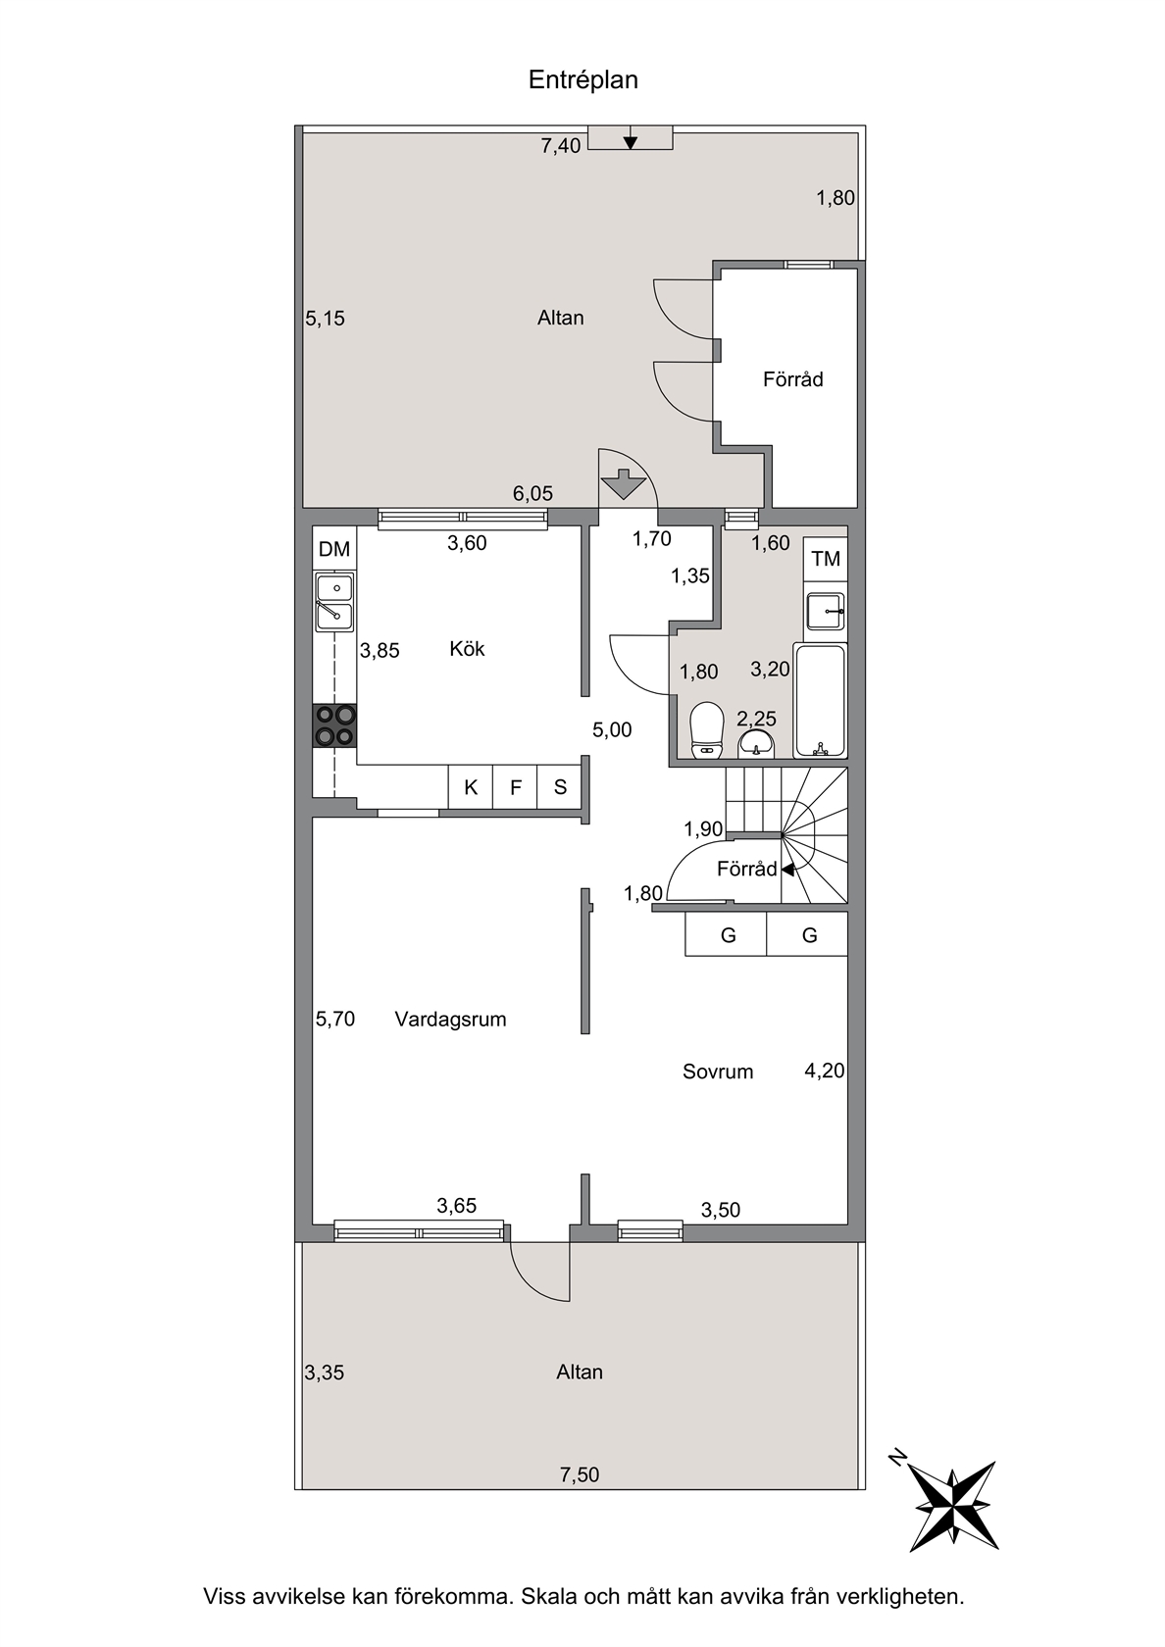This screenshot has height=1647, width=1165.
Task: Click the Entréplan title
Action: point(582,79)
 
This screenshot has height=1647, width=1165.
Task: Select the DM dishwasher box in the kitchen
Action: point(334,549)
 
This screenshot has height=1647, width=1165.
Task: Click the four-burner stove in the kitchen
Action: point(334,725)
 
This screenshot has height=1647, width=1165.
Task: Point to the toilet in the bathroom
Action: point(707,729)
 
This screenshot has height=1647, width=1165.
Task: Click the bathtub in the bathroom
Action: point(820,700)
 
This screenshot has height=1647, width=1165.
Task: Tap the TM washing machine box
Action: point(826,559)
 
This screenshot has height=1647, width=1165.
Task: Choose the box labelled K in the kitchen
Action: point(471,787)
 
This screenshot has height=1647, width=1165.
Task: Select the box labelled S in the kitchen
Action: point(560,787)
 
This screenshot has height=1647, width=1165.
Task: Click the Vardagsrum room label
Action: point(450,1020)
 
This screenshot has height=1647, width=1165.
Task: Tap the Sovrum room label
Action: point(718,1072)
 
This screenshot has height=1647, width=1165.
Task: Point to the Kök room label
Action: point(467,649)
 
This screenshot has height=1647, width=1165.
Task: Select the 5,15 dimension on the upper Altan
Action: point(326,319)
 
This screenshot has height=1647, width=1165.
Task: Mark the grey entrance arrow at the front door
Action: point(623,484)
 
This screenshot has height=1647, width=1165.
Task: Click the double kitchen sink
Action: point(334,602)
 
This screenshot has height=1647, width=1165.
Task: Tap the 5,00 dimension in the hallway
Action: point(612,729)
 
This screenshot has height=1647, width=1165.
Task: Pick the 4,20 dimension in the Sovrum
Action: point(825,1070)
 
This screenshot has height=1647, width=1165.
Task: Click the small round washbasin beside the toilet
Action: point(756,744)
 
